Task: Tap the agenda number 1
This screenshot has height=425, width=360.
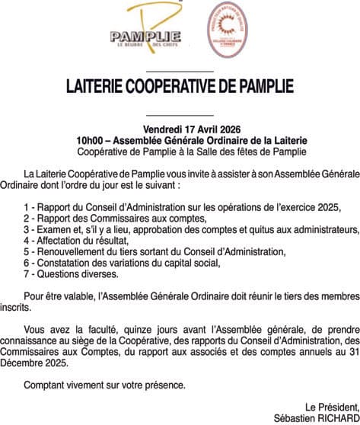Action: (27, 206)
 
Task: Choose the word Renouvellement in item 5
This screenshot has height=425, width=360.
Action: (76, 251)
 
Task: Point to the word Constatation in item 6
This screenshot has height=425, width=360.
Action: (67, 263)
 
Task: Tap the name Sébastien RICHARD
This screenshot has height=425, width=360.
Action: (317, 418)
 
